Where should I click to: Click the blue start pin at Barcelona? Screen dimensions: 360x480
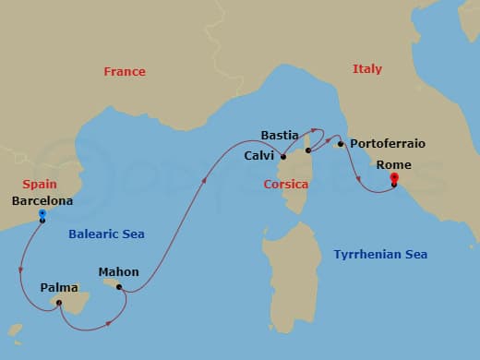pyautogui.click(x=42, y=214)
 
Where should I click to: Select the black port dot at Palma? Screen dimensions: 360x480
pyautogui.click(x=58, y=302)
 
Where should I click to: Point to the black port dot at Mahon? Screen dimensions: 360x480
pyautogui.click(x=119, y=287)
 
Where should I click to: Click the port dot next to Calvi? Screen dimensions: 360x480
pyautogui.click(x=283, y=157)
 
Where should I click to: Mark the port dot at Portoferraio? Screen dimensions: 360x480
pyautogui.click(x=341, y=144)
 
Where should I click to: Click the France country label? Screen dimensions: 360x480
pyautogui.click(x=125, y=72)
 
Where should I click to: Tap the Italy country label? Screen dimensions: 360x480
pyautogui.click(x=366, y=69)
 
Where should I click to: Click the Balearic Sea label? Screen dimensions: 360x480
pyautogui.click(x=106, y=234)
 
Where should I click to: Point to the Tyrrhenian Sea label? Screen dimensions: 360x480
pyautogui.click(x=379, y=254)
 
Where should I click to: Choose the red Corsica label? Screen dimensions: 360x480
pyautogui.click(x=286, y=185)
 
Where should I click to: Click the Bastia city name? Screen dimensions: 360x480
pyautogui.click(x=280, y=135)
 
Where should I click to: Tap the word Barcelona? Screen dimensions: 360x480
pyautogui.click(x=43, y=199)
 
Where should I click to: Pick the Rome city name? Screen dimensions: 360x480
pyautogui.click(x=394, y=165)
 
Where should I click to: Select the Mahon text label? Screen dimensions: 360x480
pyautogui.click(x=119, y=272)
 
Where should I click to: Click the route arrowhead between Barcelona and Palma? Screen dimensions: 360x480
pyautogui.click(x=21, y=270)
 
